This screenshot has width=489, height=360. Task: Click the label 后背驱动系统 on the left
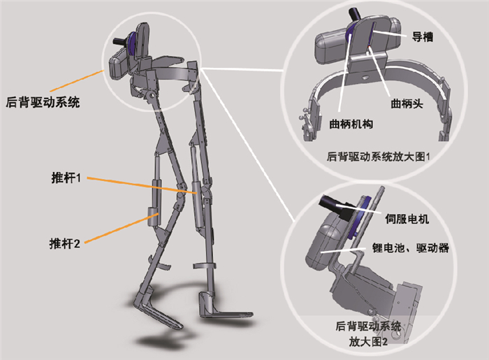click(x=42, y=103)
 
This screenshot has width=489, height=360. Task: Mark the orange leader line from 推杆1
click(x=140, y=183)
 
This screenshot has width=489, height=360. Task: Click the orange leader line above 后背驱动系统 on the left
click(x=77, y=78)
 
